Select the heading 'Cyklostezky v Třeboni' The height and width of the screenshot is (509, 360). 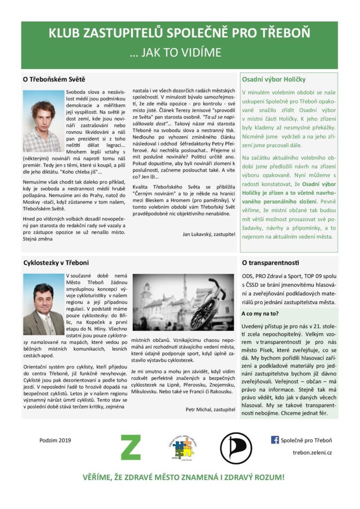pyautogui.click(x=56, y=262)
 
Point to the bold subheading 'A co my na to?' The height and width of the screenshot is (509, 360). pyautogui.click(x=260, y=314)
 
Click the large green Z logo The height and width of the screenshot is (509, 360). pyautogui.click(x=131, y=447)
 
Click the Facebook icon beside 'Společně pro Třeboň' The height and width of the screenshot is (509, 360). pyautogui.click(x=274, y=440)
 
